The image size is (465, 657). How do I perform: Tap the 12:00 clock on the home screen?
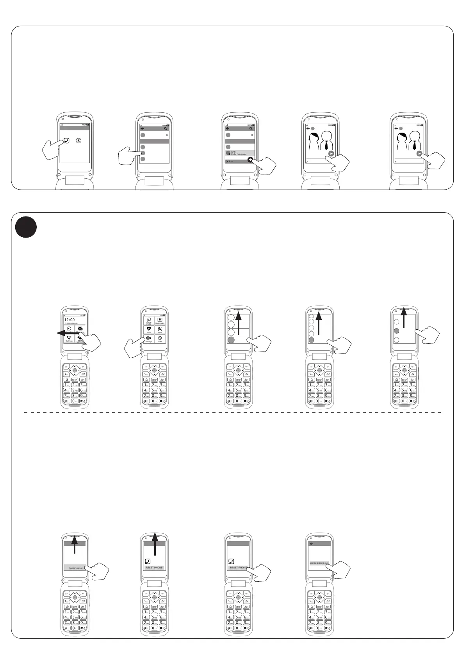tap(69, 320)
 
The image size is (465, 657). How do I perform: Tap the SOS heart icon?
tap(149, 329)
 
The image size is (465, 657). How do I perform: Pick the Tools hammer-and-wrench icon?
tap(160, 329)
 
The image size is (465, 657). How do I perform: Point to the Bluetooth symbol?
tap(78, 141)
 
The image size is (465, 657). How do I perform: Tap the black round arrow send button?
tap(250, 160)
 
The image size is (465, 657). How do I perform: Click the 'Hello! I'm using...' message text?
tap(239, 154)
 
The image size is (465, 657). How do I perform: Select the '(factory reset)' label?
tap(76, 568)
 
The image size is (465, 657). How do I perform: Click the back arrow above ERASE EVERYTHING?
tap(311, 543)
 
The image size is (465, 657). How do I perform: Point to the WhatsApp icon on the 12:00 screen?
tap(69, 329)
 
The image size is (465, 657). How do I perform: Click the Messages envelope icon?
tap(80, 329)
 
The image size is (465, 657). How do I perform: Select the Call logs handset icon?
tap(69, 338)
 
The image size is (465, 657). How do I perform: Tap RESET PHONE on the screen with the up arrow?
tap(154, 568)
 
